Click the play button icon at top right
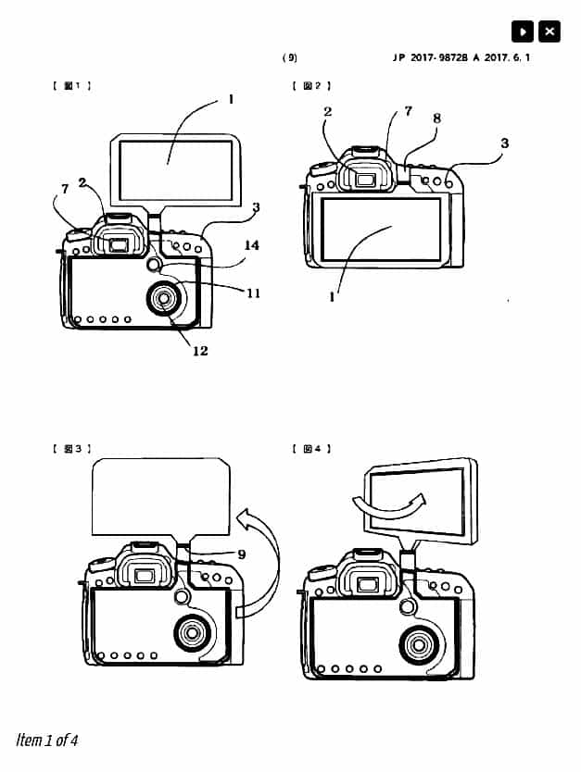[524, 31]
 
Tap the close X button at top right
[549, 31]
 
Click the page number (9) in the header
[290, 57]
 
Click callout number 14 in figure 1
[251, 245]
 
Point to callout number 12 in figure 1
[200, 350]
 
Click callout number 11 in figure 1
[253, 293]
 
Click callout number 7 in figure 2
[408, 111]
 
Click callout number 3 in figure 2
[504, 143]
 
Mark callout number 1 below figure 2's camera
[332, 298]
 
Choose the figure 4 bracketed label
[311, 449]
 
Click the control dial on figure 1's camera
[165, 298]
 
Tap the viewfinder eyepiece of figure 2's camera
[365, 178]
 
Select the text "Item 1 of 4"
[46, 739]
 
